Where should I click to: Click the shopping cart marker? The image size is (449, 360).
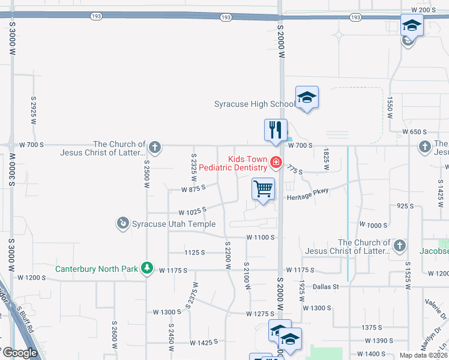click(263, 190)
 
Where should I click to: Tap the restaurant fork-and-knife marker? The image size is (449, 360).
click(276, 130)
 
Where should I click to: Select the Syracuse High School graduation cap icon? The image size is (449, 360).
click(307, 97)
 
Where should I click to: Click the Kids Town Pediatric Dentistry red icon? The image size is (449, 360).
click(276, 162)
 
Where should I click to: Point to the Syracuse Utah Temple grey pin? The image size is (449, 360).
click(123, 224)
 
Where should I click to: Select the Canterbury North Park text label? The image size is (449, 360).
click(97, 269)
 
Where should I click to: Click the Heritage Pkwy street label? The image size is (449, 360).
click(308, 197)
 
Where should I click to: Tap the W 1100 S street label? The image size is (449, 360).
click(261, 238)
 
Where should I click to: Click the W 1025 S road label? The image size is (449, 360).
click(192, 211)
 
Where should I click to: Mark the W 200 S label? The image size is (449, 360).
click(423, 10)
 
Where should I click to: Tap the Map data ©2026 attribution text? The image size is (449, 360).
click(423, 355)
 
